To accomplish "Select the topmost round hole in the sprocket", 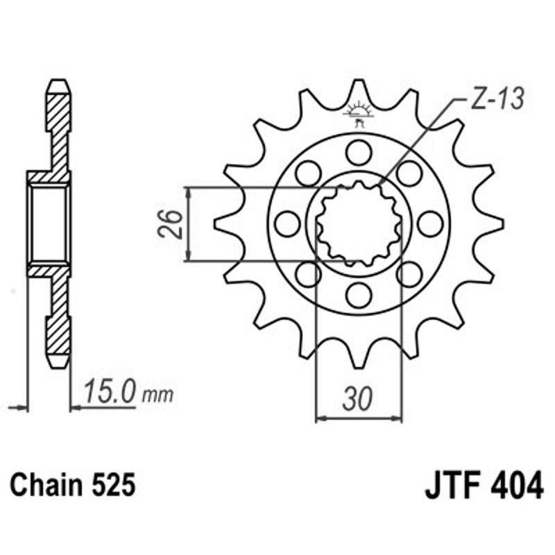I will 359,152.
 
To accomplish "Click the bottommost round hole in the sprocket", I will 359,295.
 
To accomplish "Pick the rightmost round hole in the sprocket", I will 430,223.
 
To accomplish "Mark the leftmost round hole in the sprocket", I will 287,223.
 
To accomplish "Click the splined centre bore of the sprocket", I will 359,223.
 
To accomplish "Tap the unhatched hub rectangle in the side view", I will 49,223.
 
